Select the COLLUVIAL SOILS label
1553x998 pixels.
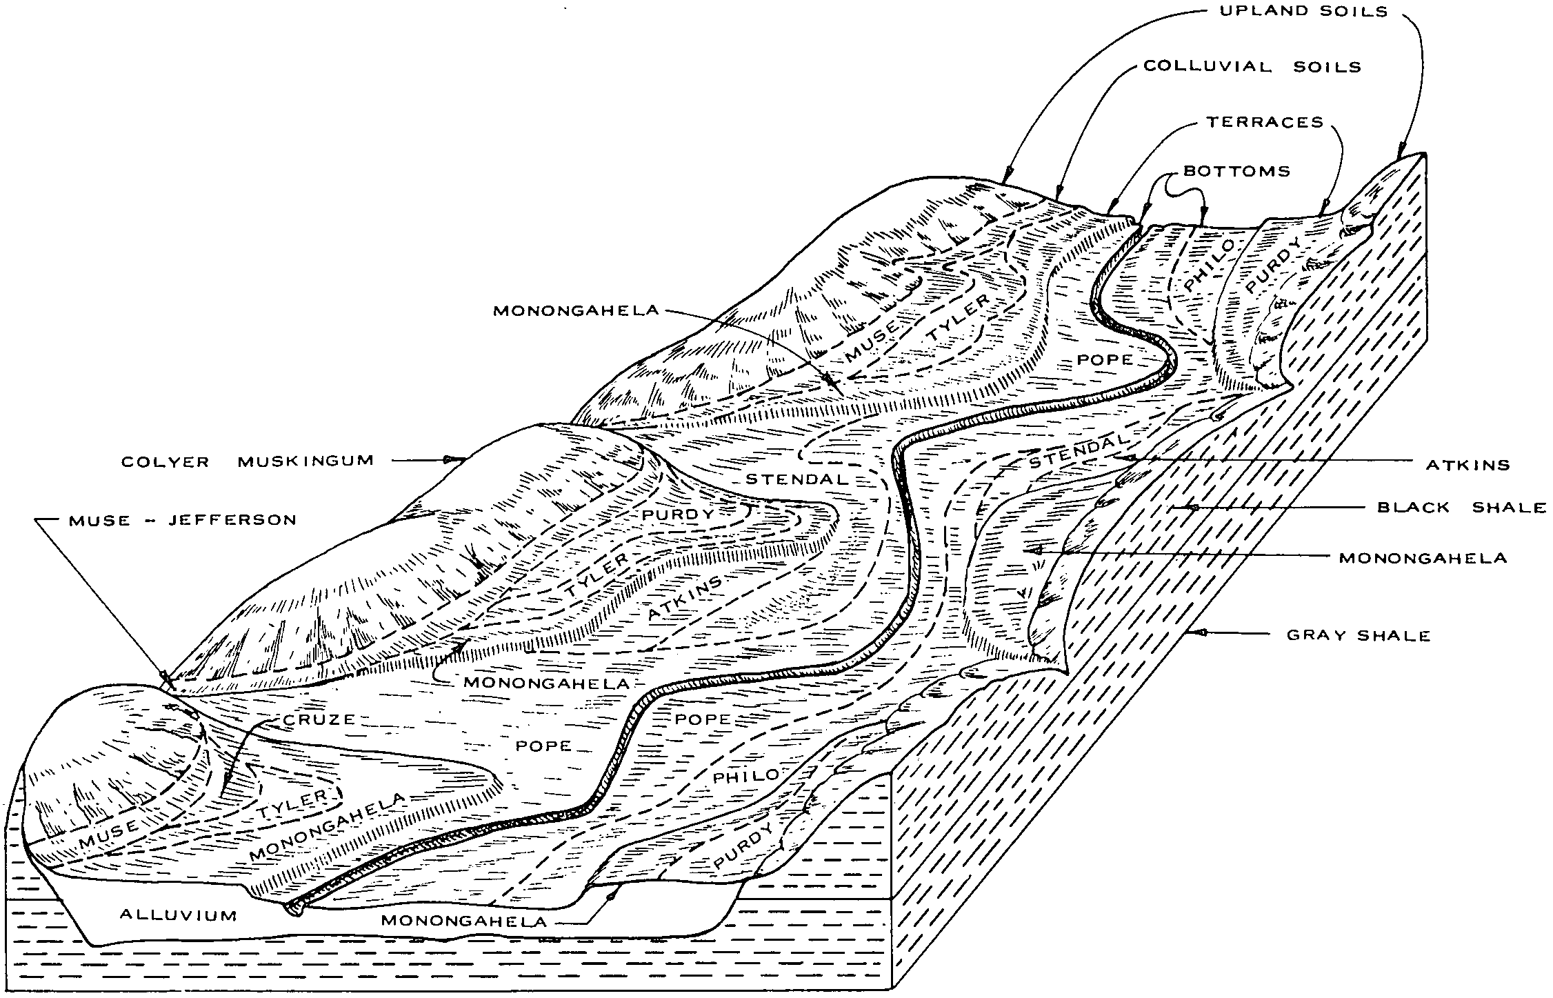[1252, 67]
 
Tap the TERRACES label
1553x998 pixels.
[1265, 123]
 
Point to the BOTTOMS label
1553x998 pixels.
[1236, 171]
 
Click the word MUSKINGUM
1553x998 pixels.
[305, 461]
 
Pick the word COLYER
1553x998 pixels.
[165, 461]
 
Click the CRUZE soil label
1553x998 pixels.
[319, 720]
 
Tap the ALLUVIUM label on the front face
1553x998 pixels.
[179, 915]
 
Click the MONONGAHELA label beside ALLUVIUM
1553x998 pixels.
[463, 921]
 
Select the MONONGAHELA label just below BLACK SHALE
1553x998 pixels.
[1423, 558]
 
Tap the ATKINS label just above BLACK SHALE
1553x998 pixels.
[1467, 465]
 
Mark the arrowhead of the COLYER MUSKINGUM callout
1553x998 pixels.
[452, 459]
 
